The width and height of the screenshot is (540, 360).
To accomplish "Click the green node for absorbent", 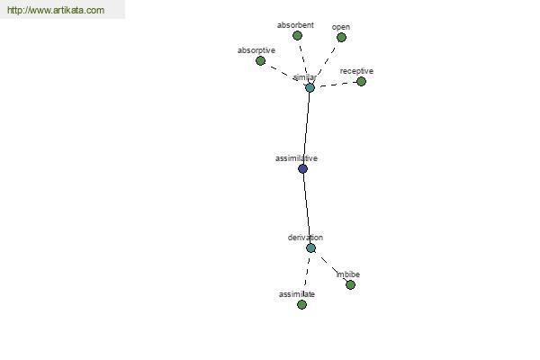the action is pyautogui.click(x=297, y=35).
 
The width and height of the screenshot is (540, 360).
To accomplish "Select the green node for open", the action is pyautogui.click(x=341, y=37).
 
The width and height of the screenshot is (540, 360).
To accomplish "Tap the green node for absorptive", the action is pyautogui.click(x=260, y=61).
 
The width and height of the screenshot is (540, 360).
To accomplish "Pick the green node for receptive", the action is pyautogui.click(x=361, y=81).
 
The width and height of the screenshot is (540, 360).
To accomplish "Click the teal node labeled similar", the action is pyautogui.click(x=310, y=87).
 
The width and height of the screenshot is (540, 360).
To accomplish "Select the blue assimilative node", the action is pyautogui.click(x=302, y=169).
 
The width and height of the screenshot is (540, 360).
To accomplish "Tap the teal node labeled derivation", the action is pyautogui.click(x=310, y=248).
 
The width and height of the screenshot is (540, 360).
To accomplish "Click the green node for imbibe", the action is pyautogui.click(x=350, y=285).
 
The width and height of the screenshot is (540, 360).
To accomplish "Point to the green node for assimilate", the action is pyautogui.click(x=301, y=304).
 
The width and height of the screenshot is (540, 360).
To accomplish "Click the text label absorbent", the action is pyautogui.click(x=295, y=25).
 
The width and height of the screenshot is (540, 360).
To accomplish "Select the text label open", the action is pyautogui.click(x=341, y=27).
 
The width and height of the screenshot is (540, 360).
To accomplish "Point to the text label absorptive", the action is pyautogui.click(x=256, y=50).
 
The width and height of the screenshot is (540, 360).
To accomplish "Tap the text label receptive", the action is pyautogui.click(x=356, y=71).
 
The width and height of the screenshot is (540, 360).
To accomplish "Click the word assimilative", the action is pyautogui.click(x=296, y=158).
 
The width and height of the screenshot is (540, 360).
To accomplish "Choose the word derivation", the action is pyautogui.click(x=305, y=238).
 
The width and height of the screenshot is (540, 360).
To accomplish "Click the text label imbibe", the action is pyautogui.click(x=348, y=274).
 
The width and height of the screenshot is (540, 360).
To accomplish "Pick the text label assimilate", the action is pyautogui.click(x=297, y=294).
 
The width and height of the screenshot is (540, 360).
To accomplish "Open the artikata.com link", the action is pyautogui.click(x=56, y=10).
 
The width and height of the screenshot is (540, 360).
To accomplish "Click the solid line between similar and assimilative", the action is pyautogui.click(x=307, y=128).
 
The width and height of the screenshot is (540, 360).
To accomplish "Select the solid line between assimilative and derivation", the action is pyautogui.click(x=307, y=209).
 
